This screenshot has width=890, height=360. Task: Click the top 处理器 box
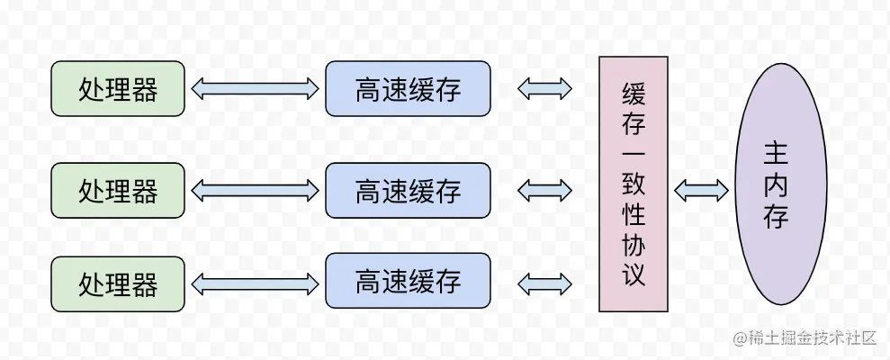(x=118, y=89)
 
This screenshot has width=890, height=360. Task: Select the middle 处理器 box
(x=118, y=191)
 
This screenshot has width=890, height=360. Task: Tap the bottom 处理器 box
(x=118, y=284)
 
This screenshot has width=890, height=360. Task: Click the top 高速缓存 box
(x=408, y=89)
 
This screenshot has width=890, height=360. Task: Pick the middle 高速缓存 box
(x=408, y=191)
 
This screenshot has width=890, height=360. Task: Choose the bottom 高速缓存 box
(x=408, y=281)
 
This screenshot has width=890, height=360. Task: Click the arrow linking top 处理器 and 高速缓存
(x=255, y=88)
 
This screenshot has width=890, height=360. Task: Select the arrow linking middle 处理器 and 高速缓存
(x=255, y=190)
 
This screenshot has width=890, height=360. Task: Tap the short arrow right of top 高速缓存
(x=545, y=88)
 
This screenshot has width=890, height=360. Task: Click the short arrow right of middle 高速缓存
(x=545, y=190)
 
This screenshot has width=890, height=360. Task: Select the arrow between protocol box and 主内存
(x=701, y=190)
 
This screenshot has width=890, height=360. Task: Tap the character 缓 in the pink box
(x=634, y=92)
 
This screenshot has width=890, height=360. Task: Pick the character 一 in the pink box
(x=634, y=153)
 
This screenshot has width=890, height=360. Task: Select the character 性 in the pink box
(x=634, y=216)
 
